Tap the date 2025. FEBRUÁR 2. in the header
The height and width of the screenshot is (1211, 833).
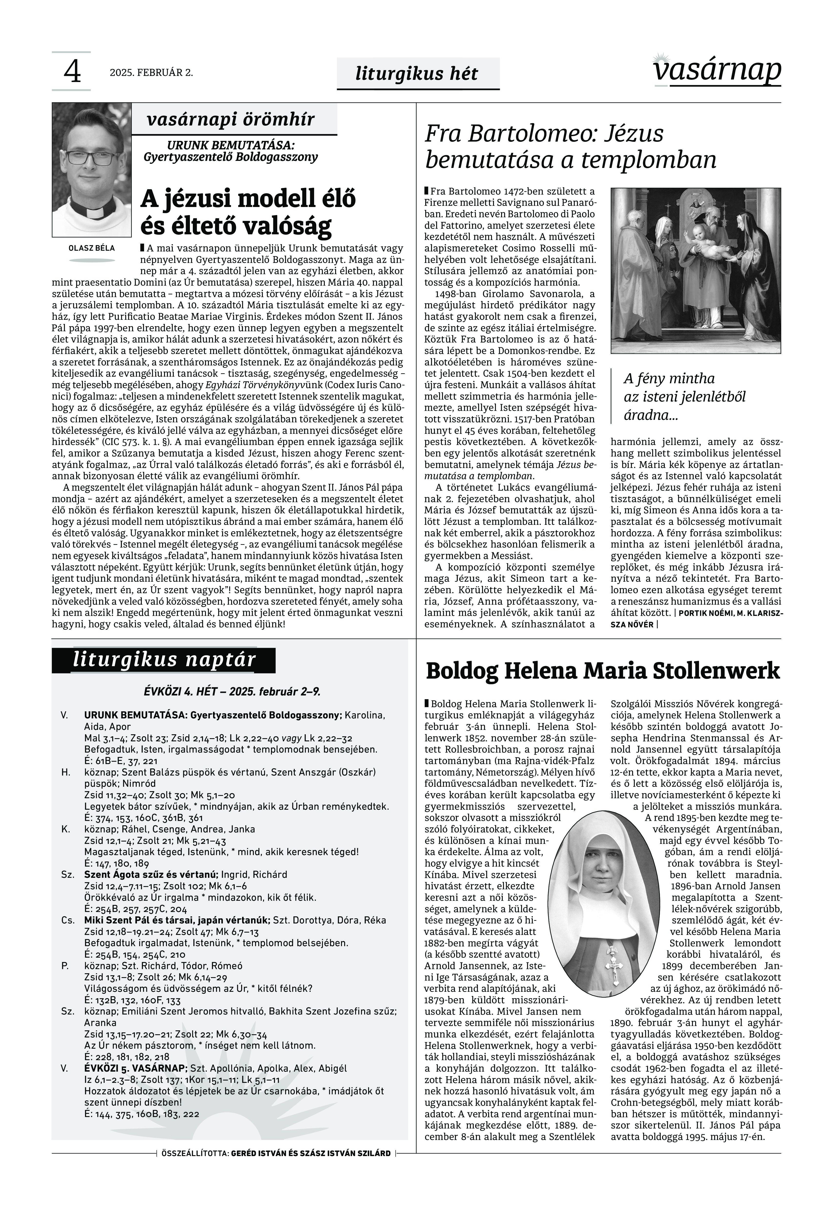pyautogui.click(x=151, y=72)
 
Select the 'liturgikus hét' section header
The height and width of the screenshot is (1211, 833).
pyautogui.click(x=416, y=74)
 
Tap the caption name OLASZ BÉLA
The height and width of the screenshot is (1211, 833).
pyautogui.click(x=91, y=248)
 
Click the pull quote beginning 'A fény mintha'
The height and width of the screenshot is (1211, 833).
pyautogui.click(x=684, y=397)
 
